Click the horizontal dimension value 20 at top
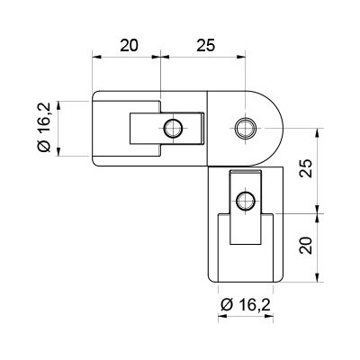129,46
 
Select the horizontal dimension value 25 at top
206,46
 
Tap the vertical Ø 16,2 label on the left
45,127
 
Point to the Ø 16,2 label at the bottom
246,305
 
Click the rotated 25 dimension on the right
306,168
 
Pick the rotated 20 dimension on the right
306,246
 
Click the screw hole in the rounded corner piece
246,129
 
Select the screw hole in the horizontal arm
173,129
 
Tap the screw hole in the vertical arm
246,201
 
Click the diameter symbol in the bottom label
227,306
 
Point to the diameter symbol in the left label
45,147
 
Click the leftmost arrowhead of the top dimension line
96,56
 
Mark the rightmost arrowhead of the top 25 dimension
241,56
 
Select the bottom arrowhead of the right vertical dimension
318,278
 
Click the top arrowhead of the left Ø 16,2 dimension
58,105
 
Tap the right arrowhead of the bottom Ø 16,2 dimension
269,316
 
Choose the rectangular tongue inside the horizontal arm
166,129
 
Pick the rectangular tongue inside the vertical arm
246,207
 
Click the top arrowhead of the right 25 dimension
318,132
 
